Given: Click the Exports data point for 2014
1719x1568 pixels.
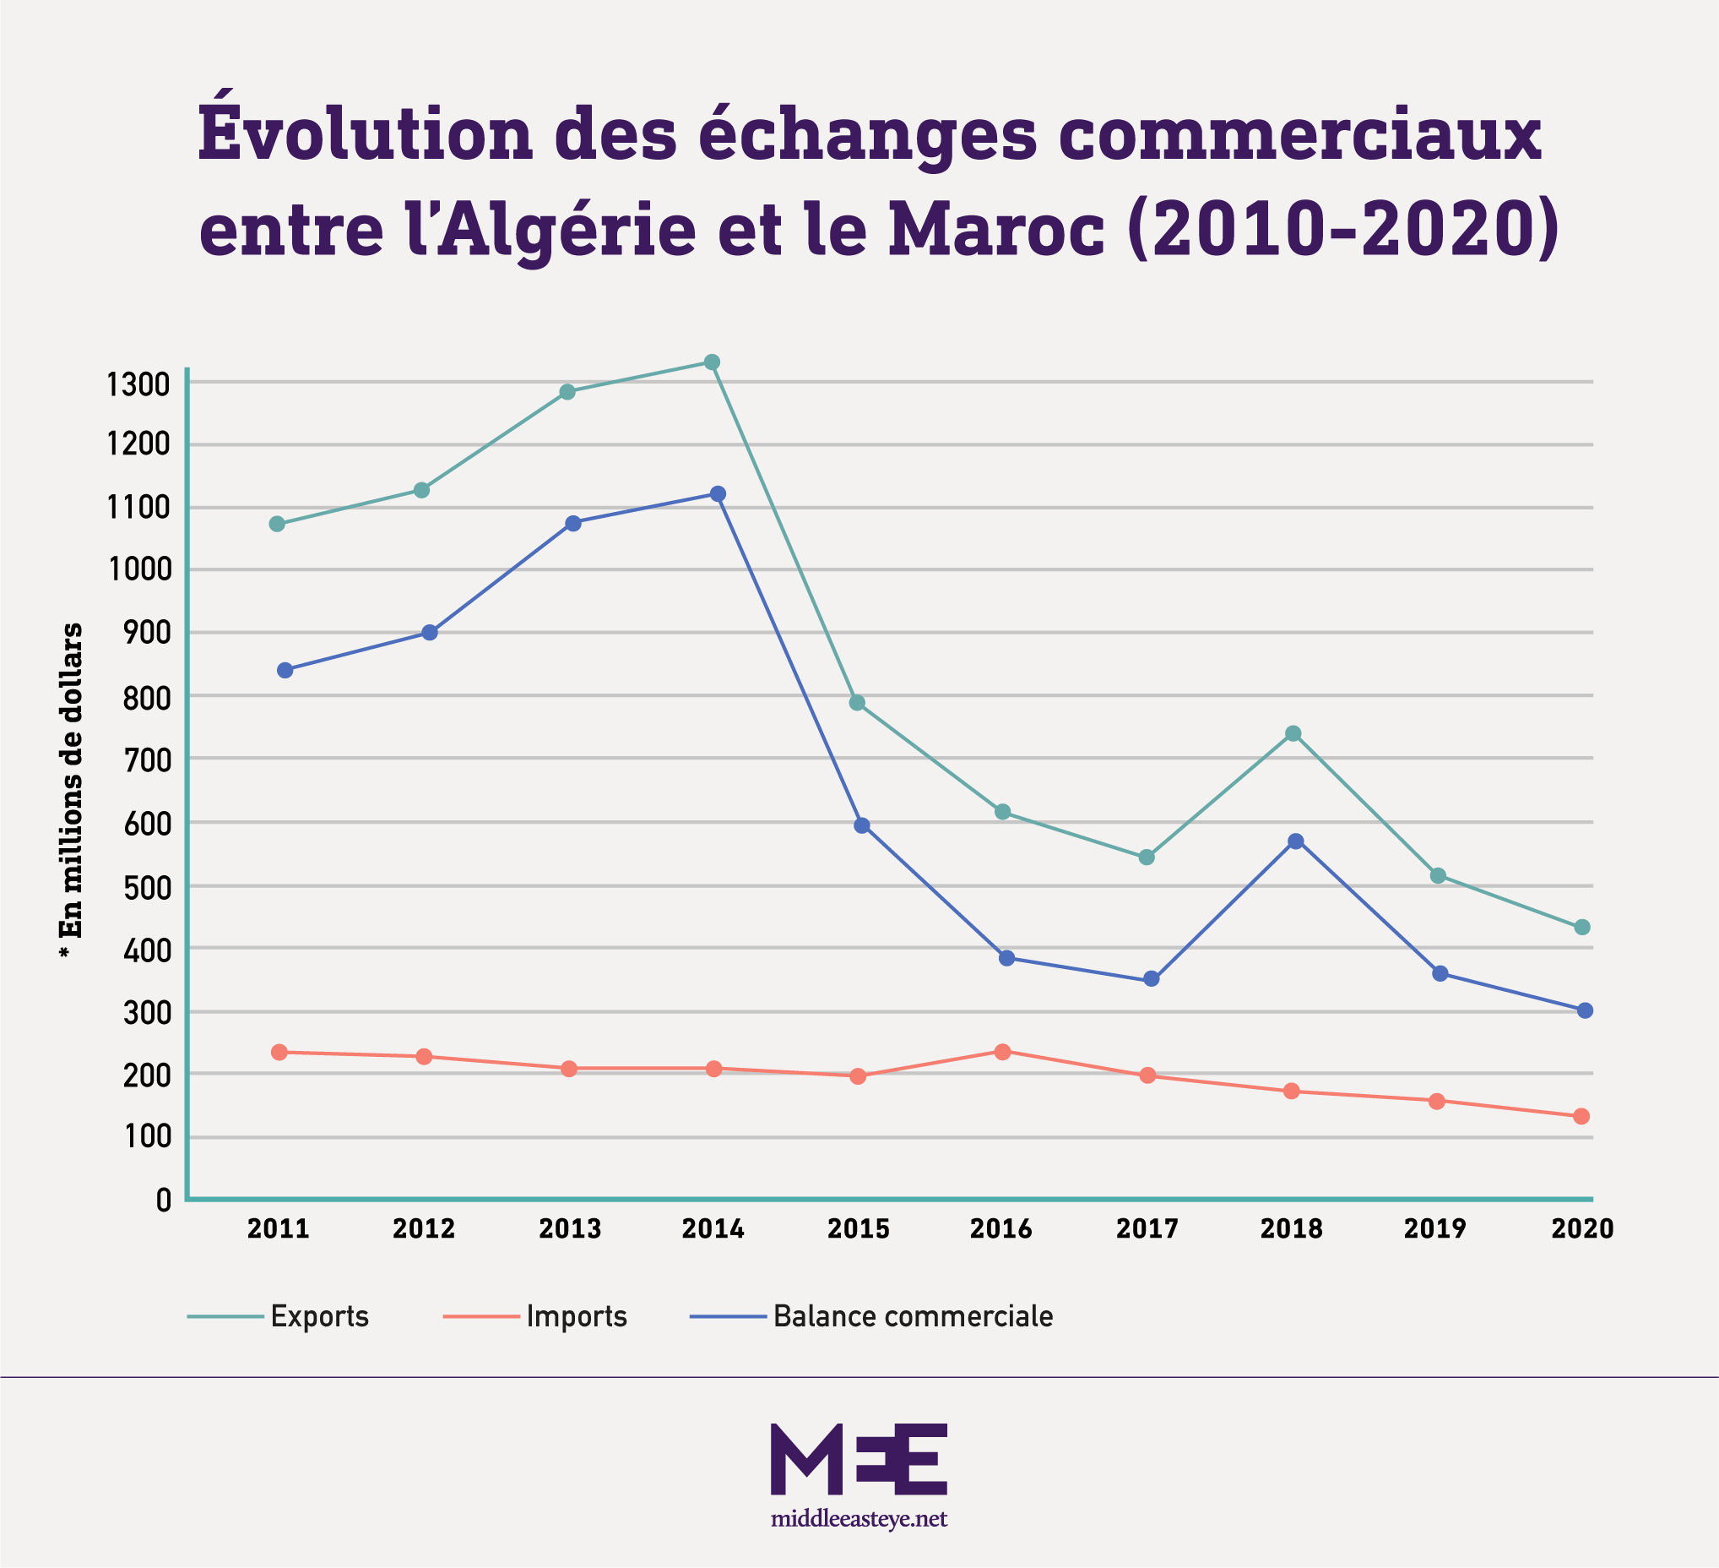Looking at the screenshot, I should coord(712,362).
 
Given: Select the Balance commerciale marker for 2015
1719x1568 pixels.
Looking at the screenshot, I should coord(861,825).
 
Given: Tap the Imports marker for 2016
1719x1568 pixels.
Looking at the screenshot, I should coord(1003,1051).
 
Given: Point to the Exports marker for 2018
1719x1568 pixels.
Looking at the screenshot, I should coord(1293,732).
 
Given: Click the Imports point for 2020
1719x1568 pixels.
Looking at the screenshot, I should coord(1581,1116).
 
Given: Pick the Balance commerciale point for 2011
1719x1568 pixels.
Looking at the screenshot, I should coord(285,670).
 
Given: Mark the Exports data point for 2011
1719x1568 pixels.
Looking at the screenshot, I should coord(277,524).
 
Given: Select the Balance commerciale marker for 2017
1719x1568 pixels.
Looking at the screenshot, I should coord(1151,978).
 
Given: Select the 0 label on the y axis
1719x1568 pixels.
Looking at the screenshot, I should coord(164,1201).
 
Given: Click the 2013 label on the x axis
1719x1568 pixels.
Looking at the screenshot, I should coord(571,1229).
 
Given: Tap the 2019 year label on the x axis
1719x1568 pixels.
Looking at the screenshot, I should coord(1435,1229).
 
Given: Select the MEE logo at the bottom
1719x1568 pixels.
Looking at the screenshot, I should coord(859,1458).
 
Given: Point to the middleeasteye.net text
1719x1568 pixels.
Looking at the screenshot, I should coord(859,1518).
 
